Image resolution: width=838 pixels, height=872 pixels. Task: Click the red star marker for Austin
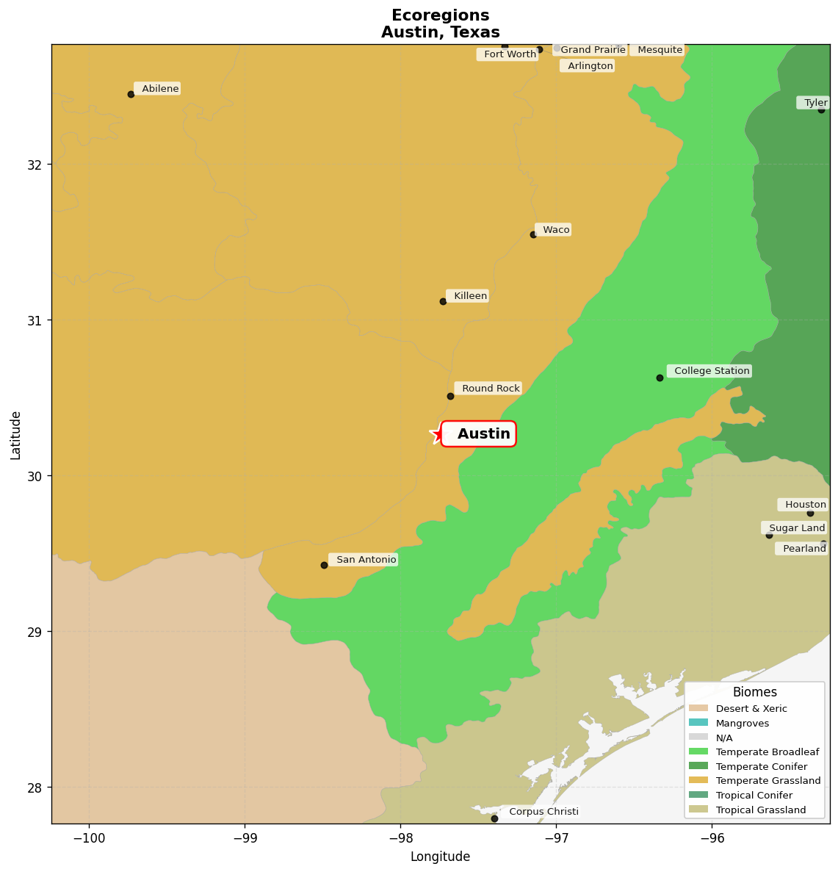(439, 434)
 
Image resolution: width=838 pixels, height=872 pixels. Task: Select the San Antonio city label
(364, 560)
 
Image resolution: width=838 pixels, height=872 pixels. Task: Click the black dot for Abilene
(131, 94)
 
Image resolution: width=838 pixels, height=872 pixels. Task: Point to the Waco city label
(555, 230)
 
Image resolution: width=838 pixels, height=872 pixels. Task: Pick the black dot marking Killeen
(443, 301)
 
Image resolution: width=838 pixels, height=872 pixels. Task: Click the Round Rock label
(489, 389)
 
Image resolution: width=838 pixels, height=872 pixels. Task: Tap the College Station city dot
(660, 378)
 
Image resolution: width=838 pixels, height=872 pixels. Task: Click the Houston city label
(804, 505)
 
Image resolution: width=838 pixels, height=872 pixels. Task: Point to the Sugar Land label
(795, 528)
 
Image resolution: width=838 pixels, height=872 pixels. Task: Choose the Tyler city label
(814, 103)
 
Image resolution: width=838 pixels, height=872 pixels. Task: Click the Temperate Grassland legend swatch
(698, 781)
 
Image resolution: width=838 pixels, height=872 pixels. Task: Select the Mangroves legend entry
(743, 724)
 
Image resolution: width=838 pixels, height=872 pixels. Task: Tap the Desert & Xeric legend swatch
(698, 709)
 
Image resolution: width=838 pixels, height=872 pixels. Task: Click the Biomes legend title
(754, 693)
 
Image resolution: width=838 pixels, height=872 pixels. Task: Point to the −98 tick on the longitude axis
(401, 837)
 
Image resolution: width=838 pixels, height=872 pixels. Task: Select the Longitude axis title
(440, 857)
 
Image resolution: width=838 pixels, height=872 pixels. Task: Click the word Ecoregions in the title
(440, 16)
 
